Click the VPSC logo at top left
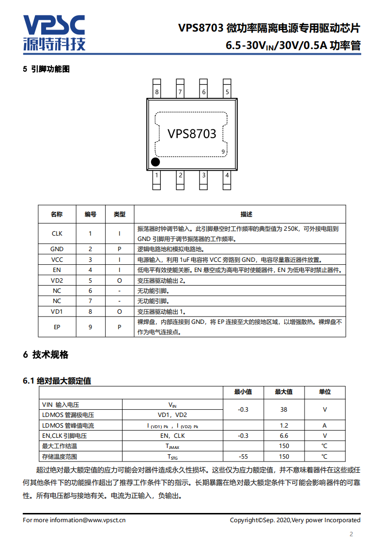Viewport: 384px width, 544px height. [x=54, y=32]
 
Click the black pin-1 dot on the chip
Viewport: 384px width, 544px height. [x=155, y=162]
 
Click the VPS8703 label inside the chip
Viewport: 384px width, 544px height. [x=192, y=134]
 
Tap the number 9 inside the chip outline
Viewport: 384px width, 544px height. [x=223, y=152]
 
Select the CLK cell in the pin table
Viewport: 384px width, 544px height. [x=57, y=234]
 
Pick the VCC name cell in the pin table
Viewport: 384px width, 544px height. [x=57, y=259]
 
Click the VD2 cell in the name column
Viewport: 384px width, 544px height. [x=57, y=280]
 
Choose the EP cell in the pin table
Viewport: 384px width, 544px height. [x=57, y=327]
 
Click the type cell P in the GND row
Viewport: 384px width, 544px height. [x=119, y=249]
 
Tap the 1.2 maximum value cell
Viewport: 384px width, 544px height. [x=284, y=425]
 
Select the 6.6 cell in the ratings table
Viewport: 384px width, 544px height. [x=284, y=435]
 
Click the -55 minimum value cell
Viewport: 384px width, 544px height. [x=243, y=456]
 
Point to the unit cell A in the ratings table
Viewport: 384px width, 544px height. [x=324, y=425]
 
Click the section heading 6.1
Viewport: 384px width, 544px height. [x=57, y=381]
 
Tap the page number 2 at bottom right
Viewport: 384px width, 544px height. [x=351, y=534]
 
